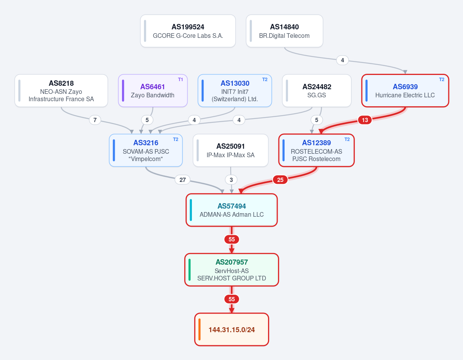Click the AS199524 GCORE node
(188, 31)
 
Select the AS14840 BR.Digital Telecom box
(284, 31)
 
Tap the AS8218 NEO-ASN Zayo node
(61, 91)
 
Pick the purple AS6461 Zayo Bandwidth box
(153, 91)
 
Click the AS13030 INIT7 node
(235, 91)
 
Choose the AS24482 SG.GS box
(317, 91)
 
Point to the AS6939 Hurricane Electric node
(405, 91)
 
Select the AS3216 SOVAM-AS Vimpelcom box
(146, 150)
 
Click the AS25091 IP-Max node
(231, 150)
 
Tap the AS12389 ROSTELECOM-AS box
(317, 150)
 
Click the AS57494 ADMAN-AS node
(232, 210)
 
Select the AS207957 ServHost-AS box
(232, 270)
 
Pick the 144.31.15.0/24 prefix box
(232, 329)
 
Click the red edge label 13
(365, 120)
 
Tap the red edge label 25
(280, 180)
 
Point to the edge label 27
(183, 180)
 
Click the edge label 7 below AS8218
(95, 120)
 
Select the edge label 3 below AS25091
(231, 180)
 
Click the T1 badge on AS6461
(180, 80)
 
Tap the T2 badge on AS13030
(265, 80)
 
